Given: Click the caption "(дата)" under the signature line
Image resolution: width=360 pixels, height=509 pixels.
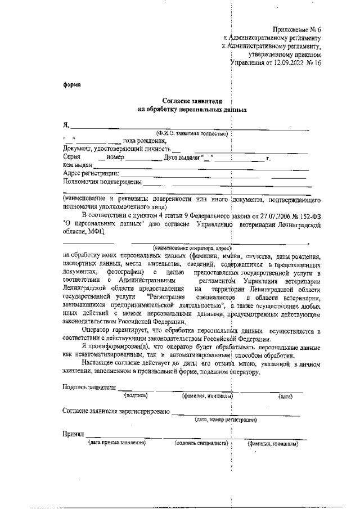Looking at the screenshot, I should (x=285, y=397).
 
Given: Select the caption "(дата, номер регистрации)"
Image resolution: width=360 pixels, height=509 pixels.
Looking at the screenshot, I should (x=226, y=420).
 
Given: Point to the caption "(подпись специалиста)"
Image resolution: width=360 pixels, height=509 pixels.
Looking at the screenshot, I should (x=201, y=444).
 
